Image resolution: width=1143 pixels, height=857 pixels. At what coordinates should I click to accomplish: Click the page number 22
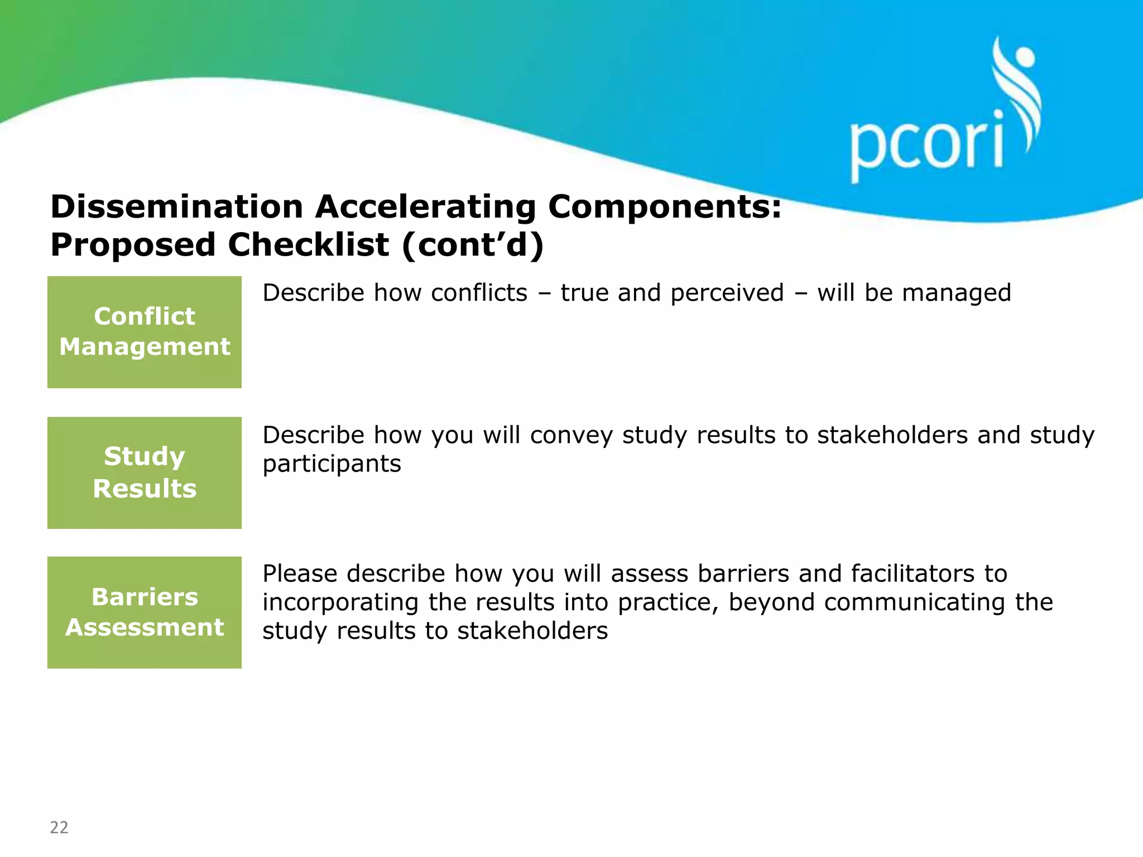click(x=59, y=827)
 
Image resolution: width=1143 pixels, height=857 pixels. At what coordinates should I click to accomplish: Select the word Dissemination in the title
click(x=176, y=207)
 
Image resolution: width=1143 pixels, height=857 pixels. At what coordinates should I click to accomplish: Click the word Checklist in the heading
click(x=308, y=245)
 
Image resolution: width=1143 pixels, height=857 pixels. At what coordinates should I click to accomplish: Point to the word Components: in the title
click(x=664, y=207)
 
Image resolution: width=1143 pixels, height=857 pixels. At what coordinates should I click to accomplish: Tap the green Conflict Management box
click(x=145, y=332)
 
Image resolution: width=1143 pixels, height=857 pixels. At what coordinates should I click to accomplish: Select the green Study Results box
click(x=145, y=473)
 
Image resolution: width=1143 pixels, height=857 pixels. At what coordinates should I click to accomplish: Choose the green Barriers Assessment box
click(x=145, y=612)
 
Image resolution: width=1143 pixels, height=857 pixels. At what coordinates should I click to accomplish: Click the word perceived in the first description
click(x=727, y=293)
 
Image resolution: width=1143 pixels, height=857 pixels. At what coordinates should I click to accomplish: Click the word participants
click(x=332, y=464)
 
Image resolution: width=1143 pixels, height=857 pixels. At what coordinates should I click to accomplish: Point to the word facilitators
click(x=913, y=574)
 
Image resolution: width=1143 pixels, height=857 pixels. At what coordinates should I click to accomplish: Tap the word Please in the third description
click(x=300, y=574)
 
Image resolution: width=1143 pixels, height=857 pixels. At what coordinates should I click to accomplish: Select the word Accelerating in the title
click(x=425, y=207)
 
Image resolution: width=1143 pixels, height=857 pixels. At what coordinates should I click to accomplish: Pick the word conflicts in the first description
click(x=479, y=293)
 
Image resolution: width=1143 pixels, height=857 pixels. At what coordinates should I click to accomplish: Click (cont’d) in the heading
click(x=472, y=245)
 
